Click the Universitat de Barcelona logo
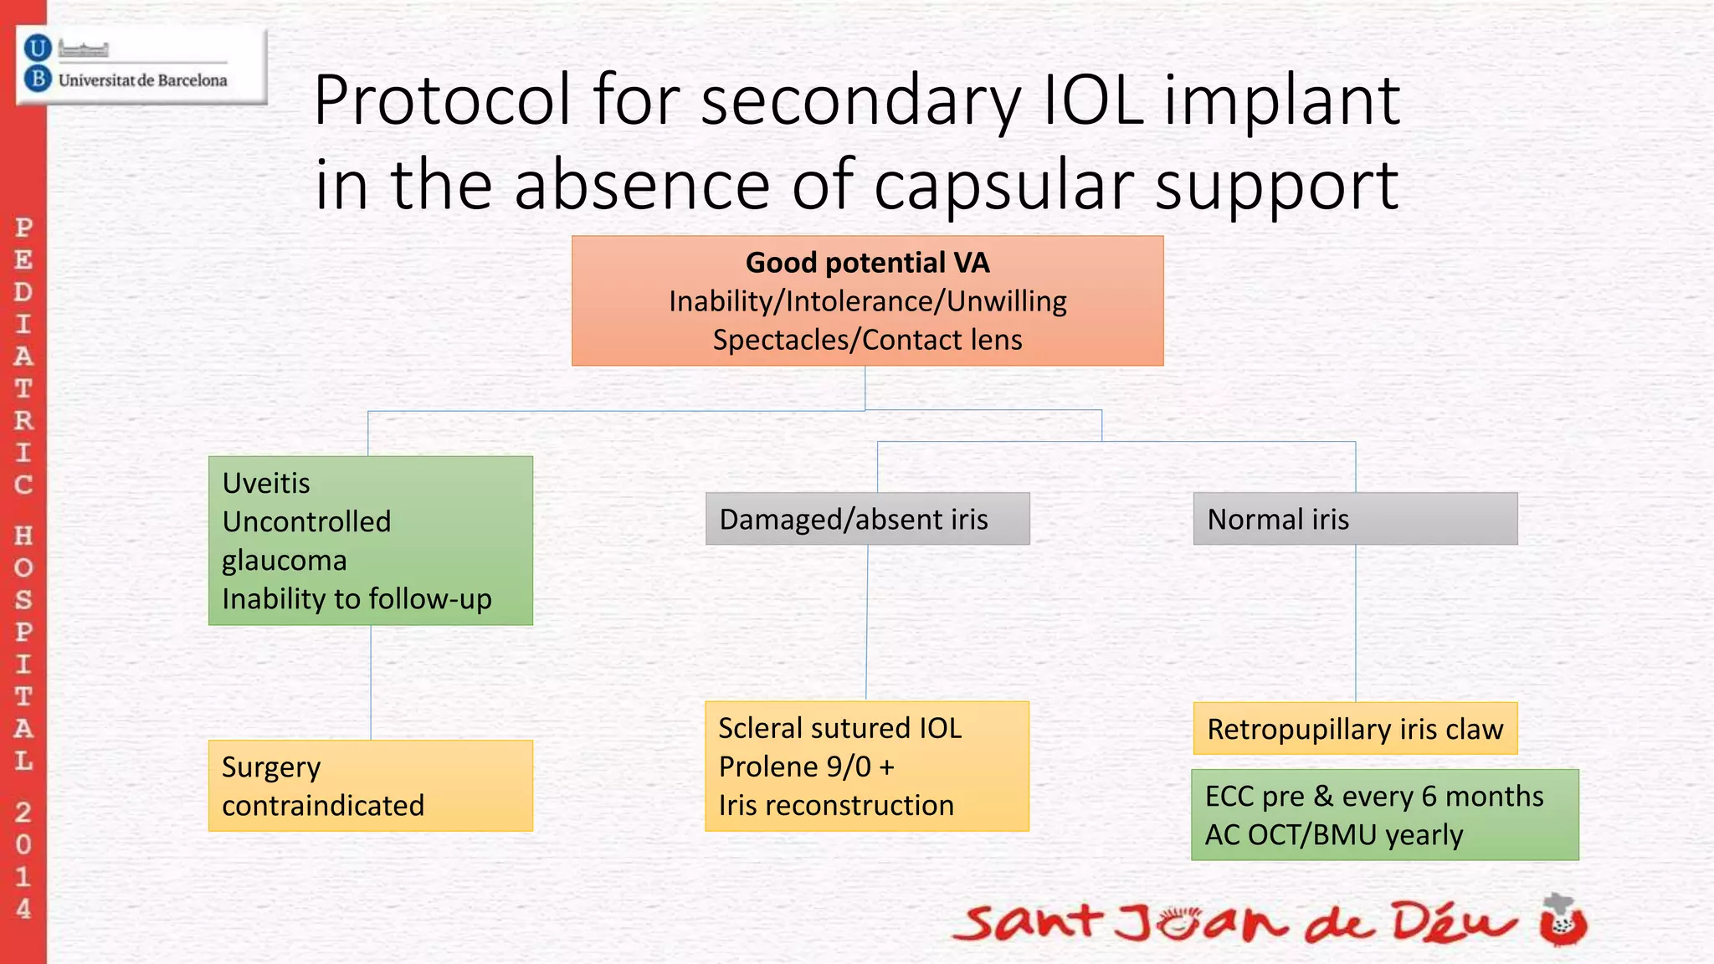point(141,66)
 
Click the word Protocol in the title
point(441,101)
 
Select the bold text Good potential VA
point(867,263)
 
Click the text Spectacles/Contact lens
point(867,340)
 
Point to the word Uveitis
point(266,483)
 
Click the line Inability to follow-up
point(357,599)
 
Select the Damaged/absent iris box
point(867,519)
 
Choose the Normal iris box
point(1354,519)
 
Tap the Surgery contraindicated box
point(370,786)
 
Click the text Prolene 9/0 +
point(806,767)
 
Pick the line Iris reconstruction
point(835,805)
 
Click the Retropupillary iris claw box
point(1354,729)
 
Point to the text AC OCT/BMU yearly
point(1333,835)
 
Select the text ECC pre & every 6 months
point(1373,796)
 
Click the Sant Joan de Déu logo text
point(1234,923)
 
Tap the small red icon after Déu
point(1563,920)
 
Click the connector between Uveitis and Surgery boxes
point(371,682)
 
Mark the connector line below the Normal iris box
point(1355,623)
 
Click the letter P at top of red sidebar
point(23,228)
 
